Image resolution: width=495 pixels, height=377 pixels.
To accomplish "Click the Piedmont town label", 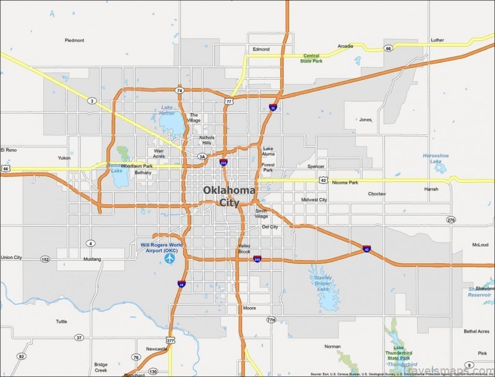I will pos(74,40).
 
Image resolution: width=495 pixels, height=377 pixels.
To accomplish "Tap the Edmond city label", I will pos(261,49).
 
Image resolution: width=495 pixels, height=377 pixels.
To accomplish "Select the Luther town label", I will pos(437,40).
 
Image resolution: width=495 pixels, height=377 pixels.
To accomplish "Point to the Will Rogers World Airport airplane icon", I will pos(169,258).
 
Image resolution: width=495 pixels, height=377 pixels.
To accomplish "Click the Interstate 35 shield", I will pos(273,108).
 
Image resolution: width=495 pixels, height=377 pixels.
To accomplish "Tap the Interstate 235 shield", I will pos(224,162).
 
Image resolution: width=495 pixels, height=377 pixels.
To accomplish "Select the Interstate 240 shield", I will pos(257,259).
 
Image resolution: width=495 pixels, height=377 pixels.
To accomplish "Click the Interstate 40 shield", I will pos(367,249).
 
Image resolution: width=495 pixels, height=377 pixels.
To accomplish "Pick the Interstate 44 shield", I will pos(181,284).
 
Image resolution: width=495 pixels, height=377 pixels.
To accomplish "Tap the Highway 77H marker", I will pos(270,319).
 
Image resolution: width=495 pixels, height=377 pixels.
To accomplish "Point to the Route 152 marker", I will pos(45,259).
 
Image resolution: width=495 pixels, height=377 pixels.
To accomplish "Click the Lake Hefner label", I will pos(168,110).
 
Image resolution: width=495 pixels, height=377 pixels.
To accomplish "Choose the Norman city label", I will pos(333,347).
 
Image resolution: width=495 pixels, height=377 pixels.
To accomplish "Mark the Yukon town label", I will pos(64,158).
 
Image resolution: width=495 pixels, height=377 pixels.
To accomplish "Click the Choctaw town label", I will pos(377,194).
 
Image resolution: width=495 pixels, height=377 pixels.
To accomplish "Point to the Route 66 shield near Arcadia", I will pos(389,48).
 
